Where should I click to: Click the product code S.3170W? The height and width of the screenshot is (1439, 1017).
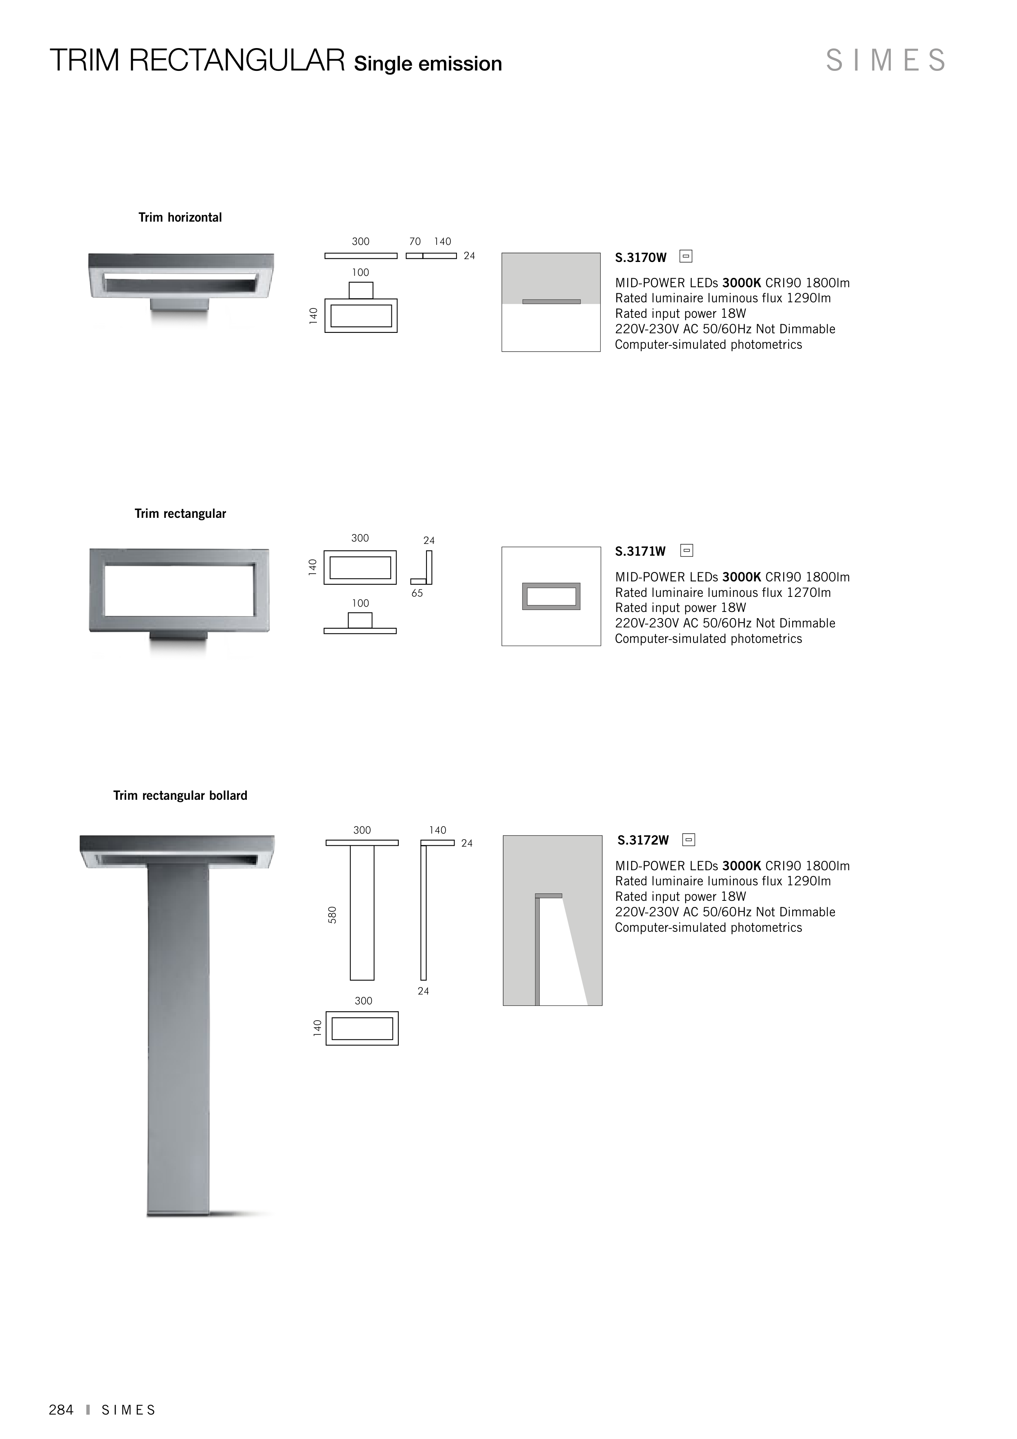click(640, 257)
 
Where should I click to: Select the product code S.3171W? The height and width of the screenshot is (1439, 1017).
click(640, 552)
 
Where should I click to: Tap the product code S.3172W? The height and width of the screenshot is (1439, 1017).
click(643, 841)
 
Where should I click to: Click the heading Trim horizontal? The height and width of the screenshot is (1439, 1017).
click(180, 218)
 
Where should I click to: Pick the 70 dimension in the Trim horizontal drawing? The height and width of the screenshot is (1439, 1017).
click(415, 241)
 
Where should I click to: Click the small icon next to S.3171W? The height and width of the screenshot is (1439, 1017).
click(687, 550)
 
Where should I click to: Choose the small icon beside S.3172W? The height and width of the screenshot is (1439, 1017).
click(689, 839)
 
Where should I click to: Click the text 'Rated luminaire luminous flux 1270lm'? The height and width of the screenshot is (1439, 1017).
click(723, 592)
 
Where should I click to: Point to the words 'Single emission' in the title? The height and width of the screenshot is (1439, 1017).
click(428, 64)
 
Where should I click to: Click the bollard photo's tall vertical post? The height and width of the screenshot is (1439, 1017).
click(178, 1041)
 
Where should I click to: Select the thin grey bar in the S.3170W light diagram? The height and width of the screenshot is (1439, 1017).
click(551, 301)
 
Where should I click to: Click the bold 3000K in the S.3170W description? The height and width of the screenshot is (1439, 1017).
click(741, 283)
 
